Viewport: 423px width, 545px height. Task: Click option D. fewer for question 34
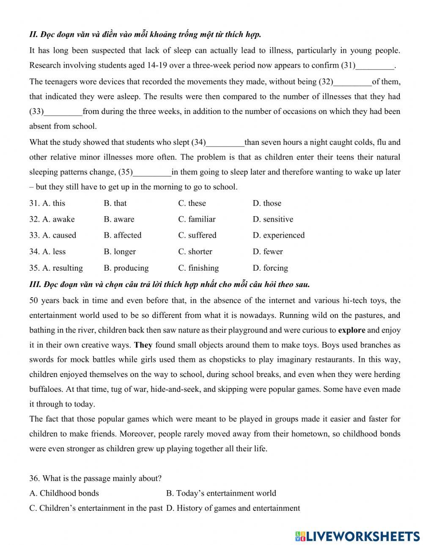268,252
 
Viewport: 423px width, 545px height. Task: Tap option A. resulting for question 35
56,268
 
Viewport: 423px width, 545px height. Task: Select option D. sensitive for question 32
273,219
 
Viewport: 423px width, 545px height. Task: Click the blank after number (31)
375,66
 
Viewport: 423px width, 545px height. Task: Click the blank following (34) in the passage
225,143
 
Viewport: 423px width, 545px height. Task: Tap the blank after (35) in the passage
152,173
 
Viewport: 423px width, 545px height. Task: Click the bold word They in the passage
143,345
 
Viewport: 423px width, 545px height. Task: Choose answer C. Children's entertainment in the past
96,508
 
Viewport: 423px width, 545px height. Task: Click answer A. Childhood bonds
64,493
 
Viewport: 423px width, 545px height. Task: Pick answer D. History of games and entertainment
233,508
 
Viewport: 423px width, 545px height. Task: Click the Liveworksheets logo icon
300,536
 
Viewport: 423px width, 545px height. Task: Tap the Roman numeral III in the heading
34,285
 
